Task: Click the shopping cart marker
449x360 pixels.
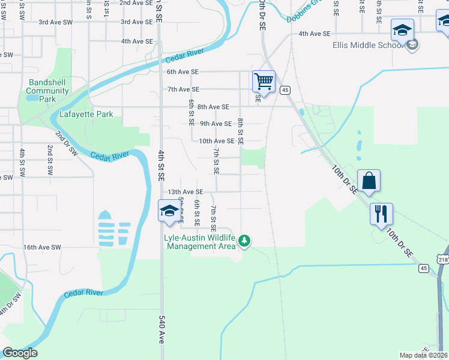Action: click(x=264, y=81)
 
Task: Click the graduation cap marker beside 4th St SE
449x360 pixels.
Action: click(x=170, y=211)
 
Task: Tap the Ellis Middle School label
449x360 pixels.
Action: click(x=367, y=45)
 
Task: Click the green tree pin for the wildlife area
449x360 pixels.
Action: click(x=244, y=241)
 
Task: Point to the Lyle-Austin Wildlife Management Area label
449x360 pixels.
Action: click(x=200, y=242)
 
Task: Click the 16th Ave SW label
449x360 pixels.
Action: click(x=42, y=247)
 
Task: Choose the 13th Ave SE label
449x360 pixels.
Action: click(x=185, y=192)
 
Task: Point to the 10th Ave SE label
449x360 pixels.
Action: click(x=216, y=141)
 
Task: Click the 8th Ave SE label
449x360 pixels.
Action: click(x=213, y=107)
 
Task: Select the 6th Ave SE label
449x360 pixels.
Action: click(x=182, y=71)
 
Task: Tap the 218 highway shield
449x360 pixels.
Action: click(x=443, y=259)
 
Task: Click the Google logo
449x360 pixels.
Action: click(x=20, y=353)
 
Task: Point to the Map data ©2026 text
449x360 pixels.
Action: click(x=423, y=355)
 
